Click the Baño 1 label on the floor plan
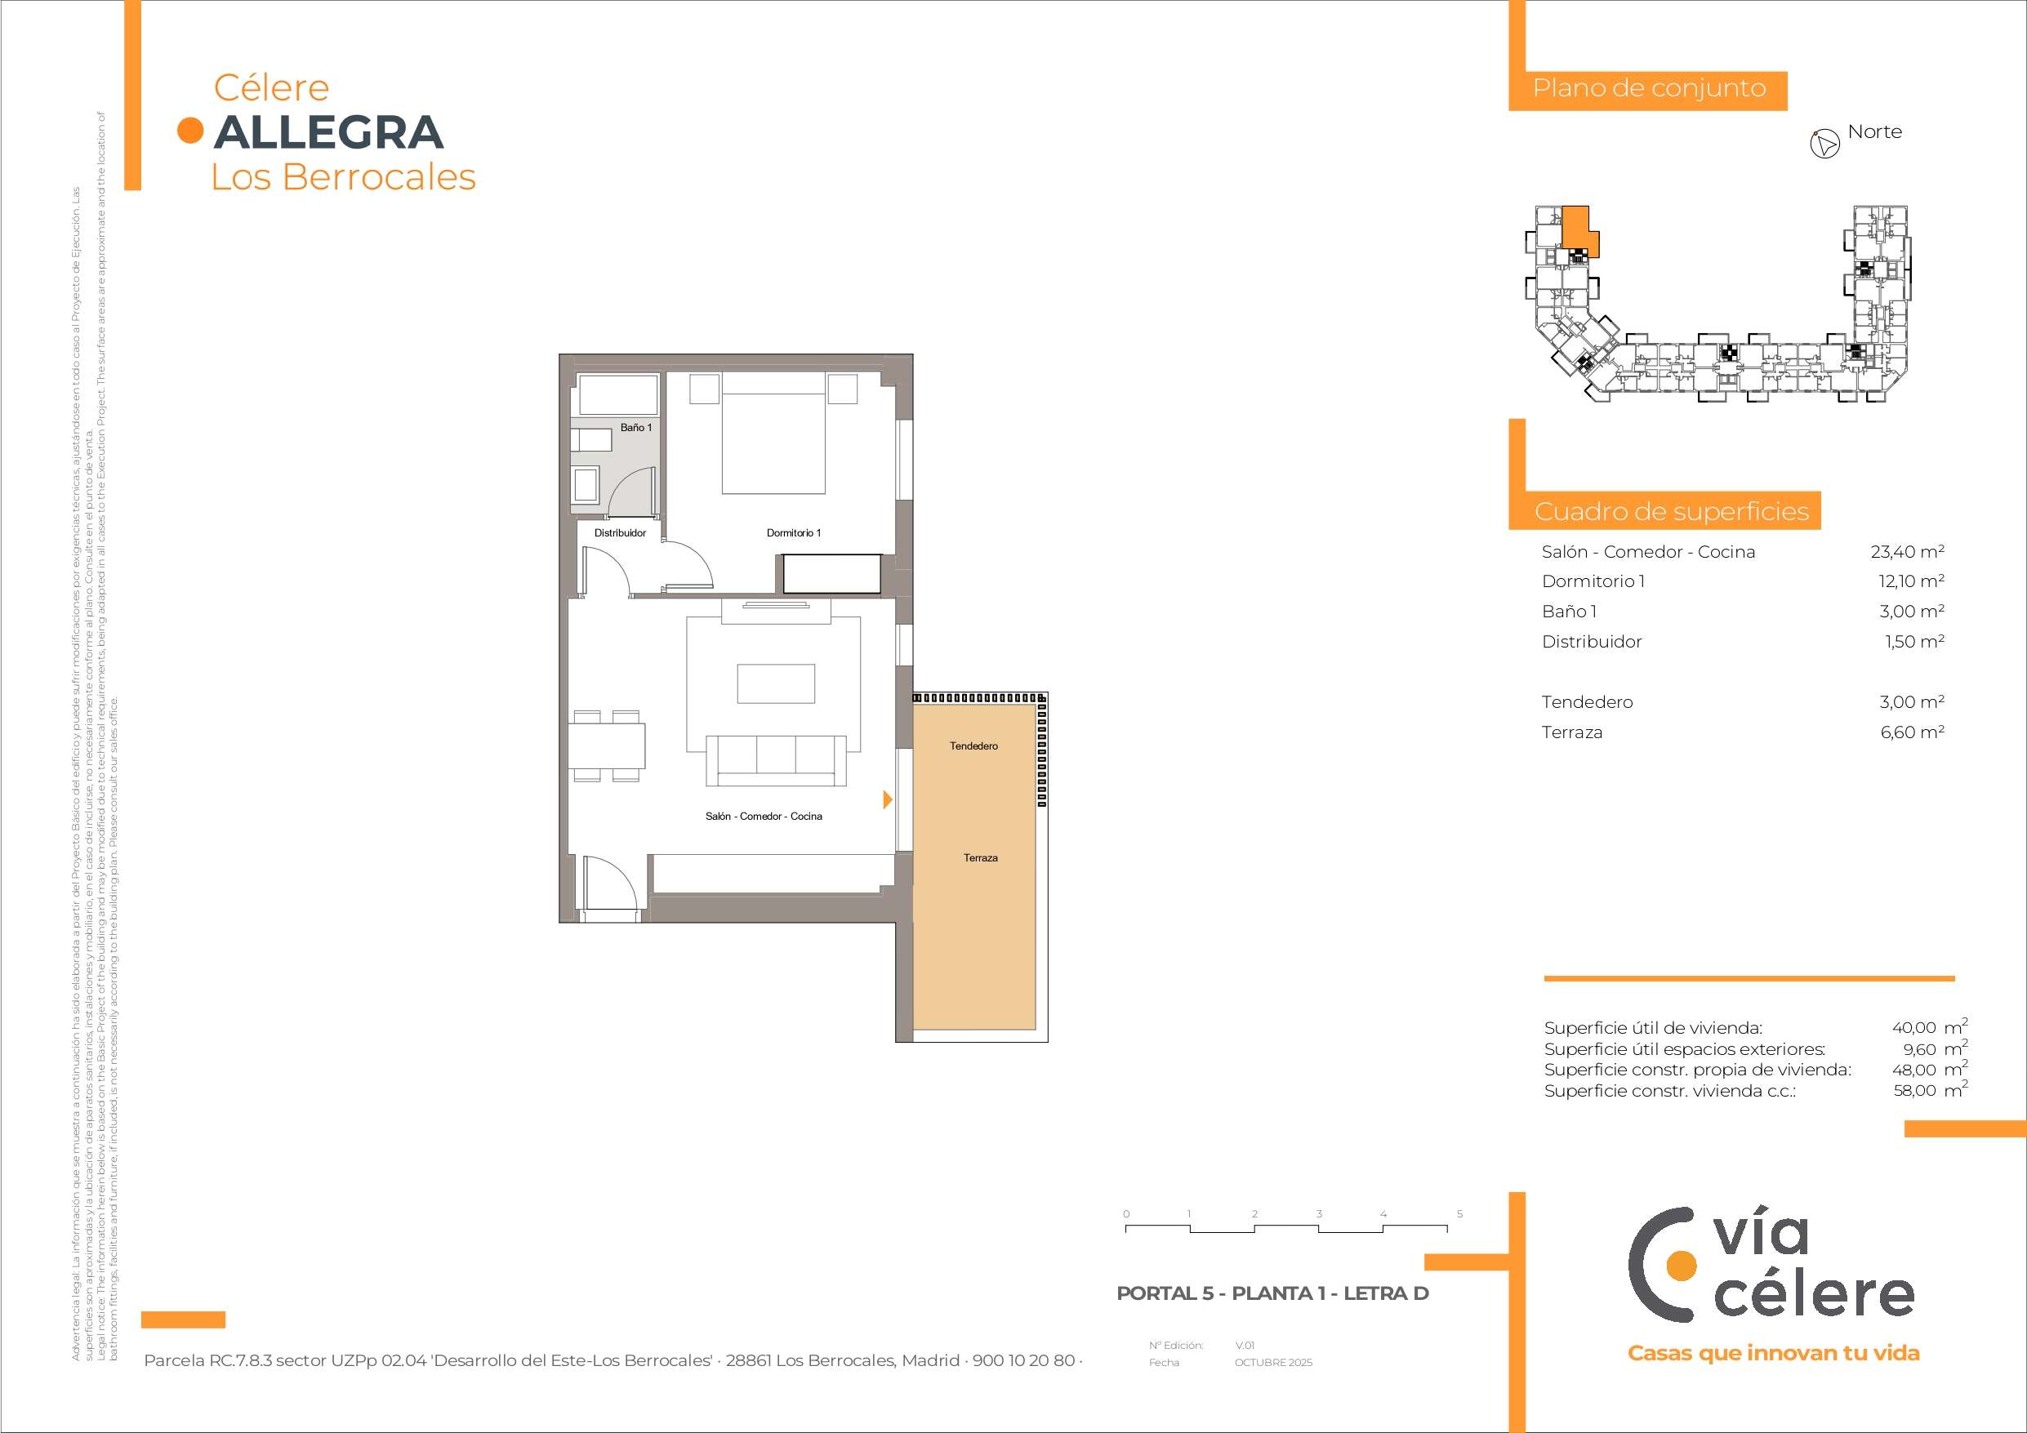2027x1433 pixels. point(635,427)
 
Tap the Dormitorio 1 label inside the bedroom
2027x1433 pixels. point(794,532)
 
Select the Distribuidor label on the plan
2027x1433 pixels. point(620,532)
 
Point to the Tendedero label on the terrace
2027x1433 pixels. point(973,746)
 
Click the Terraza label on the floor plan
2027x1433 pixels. point(981,857)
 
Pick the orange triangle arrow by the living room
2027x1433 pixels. point(888,799)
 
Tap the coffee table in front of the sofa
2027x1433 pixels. point(776,683)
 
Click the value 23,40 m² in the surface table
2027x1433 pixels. point(1907,552)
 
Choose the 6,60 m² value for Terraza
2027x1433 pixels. point(1912,732)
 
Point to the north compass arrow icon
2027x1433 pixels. point(1824,144)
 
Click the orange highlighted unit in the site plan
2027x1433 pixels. point(1578,228)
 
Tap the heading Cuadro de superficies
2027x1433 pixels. point(1671,511)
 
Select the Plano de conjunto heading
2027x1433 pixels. point(1649,88)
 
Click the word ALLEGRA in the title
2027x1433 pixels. point(328,131)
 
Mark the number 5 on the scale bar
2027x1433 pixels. point(1459,1213)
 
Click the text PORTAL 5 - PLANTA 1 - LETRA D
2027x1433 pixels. point(1272,1293)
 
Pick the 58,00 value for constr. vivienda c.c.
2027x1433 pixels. point(1914,1090)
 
